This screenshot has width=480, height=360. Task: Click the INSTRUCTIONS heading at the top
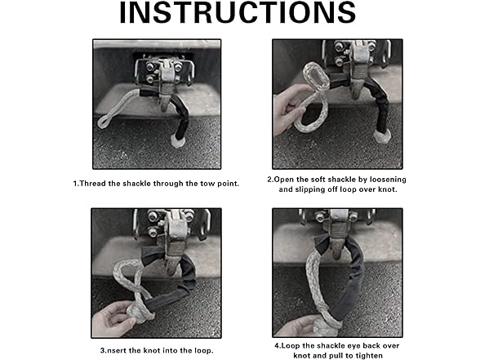tap(238, 12)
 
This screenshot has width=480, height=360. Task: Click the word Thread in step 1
tap(92, 184)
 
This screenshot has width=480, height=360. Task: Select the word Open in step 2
tap(284, 180)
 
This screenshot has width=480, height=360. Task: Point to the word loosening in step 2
tap(388, 180)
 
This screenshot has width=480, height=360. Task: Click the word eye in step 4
tap(347, 346)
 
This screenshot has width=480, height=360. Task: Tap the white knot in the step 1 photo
tap(178, 141)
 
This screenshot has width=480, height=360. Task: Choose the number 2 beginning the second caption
tap(269, 180)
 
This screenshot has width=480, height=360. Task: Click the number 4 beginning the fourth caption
tap(277, 346)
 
